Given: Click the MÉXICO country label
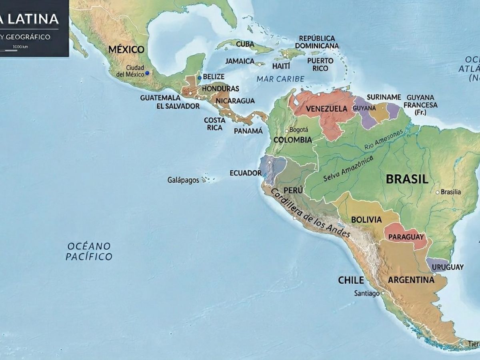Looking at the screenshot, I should [126, 50].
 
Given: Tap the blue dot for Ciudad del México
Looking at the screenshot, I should [147, 73].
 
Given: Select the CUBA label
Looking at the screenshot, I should [245, 44].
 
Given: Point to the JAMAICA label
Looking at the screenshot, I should [240, 61].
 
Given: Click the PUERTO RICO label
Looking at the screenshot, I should [320, 64].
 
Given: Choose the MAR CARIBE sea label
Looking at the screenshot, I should [280, 79].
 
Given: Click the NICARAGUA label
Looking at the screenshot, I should [235, 101].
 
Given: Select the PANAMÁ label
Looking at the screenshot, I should [248, 131].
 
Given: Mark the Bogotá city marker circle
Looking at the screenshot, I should [286, 130].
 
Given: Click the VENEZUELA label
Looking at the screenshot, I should [326, 109].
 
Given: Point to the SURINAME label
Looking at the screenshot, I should [384, 97].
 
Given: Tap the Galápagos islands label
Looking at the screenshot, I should [183, 180].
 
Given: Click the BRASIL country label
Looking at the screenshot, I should [407, 179].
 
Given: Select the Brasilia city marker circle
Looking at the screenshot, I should [438, 192].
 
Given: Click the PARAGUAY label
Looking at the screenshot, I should [406, 237].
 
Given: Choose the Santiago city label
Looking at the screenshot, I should [367, 294].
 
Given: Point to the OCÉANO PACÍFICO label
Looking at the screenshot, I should [89, 251].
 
